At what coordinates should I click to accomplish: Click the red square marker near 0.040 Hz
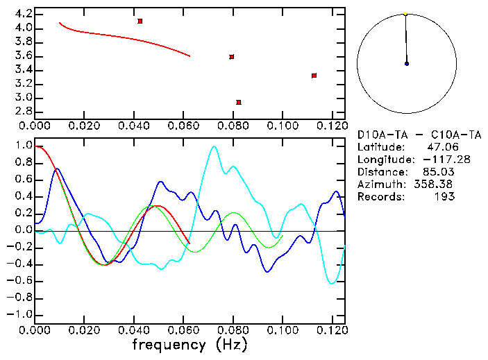tap(140, 22)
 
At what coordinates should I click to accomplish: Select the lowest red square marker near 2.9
tap(239, 102)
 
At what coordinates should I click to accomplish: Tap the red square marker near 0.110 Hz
tap(314, 76)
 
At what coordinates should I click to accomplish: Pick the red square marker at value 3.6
tap(232, 57)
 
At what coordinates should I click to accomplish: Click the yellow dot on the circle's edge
tap(405, 13)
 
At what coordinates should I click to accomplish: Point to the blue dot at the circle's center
tap(407, 64)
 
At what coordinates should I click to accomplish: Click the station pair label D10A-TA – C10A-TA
tap(419, 135)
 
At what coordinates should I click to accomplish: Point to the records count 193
tap(444, 197)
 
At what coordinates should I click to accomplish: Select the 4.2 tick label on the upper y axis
tap(22, 14)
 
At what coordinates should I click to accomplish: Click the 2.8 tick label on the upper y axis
tap(22, 111)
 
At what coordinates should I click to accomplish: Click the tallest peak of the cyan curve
tap(214, 146)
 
